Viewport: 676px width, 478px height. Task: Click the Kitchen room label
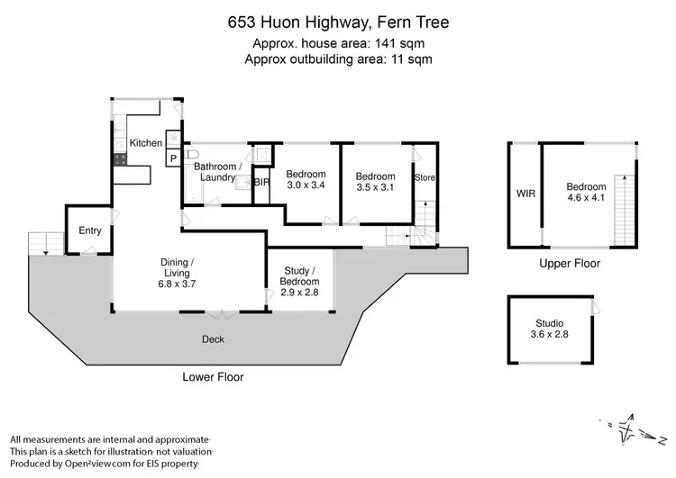146,143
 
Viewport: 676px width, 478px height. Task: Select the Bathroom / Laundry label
217,172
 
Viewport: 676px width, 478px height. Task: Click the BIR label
261,183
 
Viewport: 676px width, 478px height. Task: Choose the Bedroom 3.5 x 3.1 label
375,182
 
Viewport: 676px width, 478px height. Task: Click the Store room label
425,178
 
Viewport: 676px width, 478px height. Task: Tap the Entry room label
90,230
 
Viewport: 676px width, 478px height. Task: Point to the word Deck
214,339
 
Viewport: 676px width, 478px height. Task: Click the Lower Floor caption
214,377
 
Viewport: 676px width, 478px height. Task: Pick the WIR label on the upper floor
525,193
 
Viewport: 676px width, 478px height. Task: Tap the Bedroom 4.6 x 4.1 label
587,193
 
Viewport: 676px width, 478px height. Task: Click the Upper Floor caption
569,264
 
